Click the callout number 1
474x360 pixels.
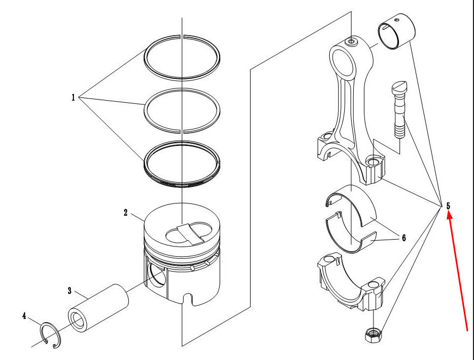pos(73,97)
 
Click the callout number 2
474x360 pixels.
pos(126,213)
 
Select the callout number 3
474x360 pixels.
pos(70,291)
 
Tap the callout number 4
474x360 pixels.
pos(24,316)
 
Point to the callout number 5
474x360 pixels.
pos(448,206)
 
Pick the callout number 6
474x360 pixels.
pos(404,238)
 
